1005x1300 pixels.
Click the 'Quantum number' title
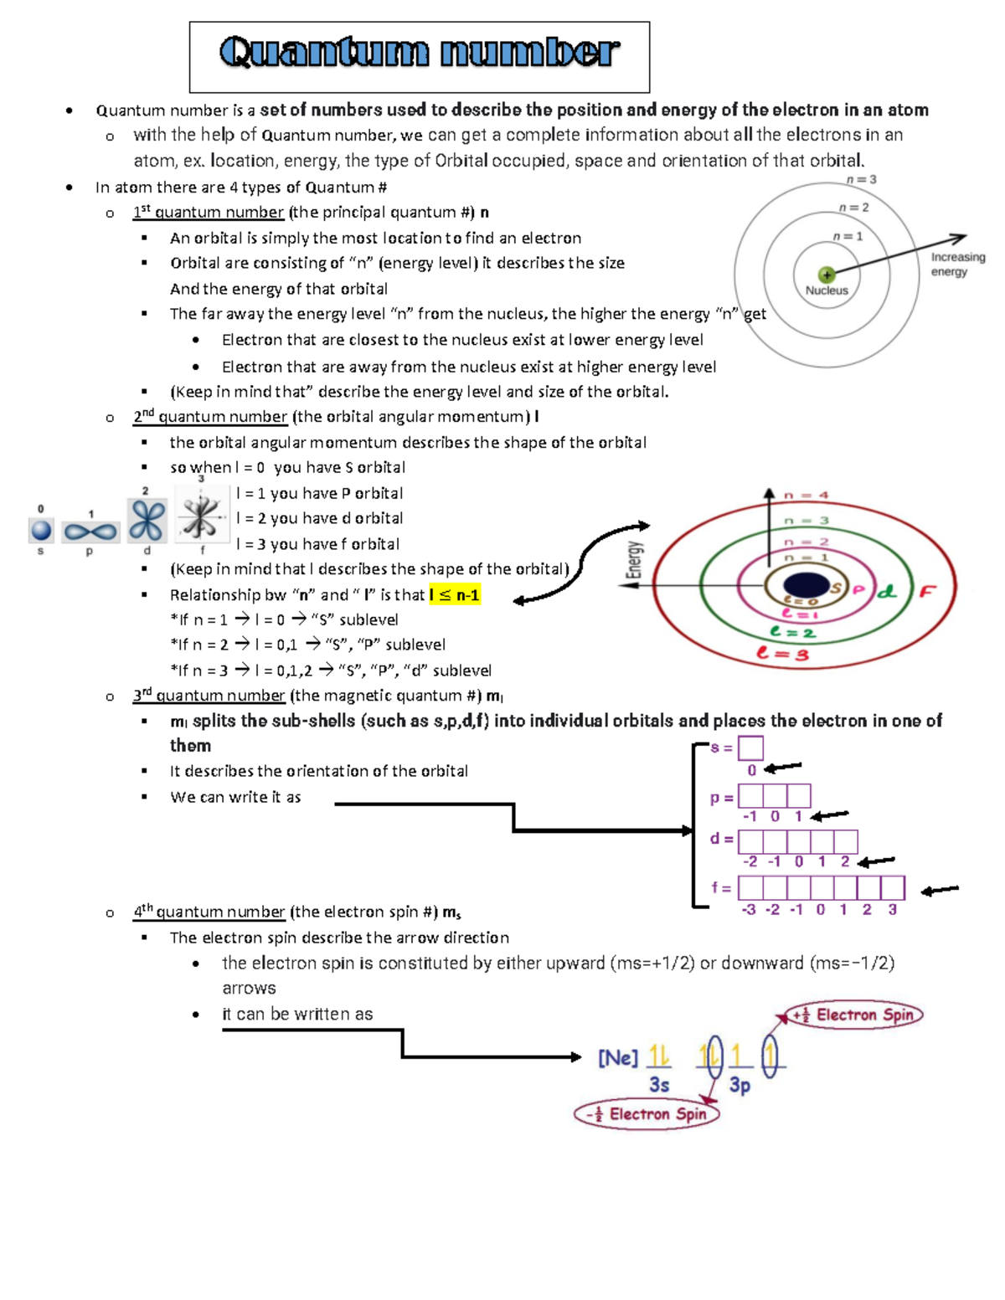[x=419, y=53]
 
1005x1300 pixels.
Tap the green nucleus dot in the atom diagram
[x=827, y=275]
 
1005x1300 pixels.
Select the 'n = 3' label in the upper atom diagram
[x=860, y=179]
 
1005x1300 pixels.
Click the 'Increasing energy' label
[x=957, y=264]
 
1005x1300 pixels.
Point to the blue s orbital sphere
[x=41, y=530]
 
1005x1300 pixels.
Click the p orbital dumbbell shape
[x=90, y=531]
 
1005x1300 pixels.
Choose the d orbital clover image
[x=147, y=521]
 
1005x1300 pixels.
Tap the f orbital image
[x=201, y=516]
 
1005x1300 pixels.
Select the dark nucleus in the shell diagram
[x=805, y=586]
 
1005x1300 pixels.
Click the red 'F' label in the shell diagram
[x=927, y=591]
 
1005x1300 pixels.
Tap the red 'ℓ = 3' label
[x=782, y=653]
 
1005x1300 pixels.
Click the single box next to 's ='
[x=750, y=748]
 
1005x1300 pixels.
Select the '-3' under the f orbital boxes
[x=749, y=909]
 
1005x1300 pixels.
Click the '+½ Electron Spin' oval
[x=854, y=1015]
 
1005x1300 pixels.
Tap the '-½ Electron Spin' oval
[x=647, y=1114]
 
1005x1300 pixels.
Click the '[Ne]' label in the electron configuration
[x=618, y=1058]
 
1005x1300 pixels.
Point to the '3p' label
[x=740, y=1085]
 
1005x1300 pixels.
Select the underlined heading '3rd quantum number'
[x=209, y=696]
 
